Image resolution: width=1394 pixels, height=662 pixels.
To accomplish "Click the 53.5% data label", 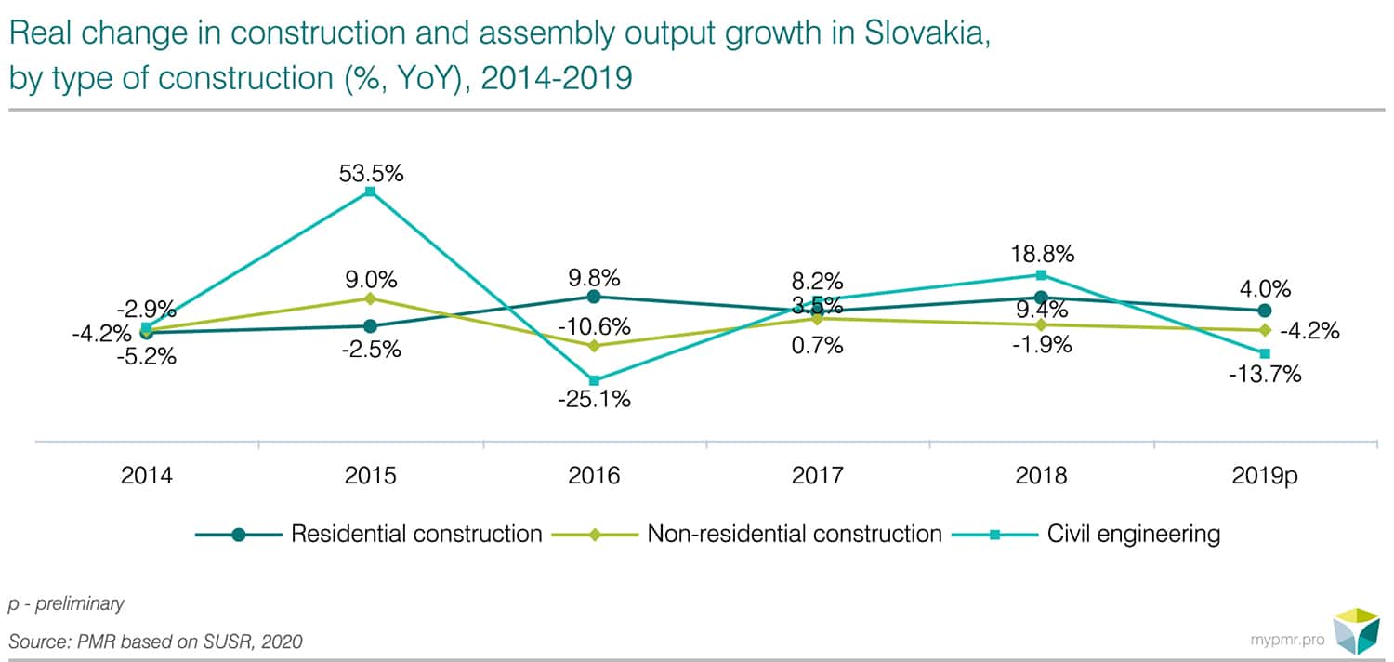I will (371, 173).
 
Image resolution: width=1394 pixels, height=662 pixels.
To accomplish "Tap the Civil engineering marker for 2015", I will (370, 192).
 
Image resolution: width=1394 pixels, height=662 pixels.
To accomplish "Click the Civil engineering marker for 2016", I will (594, 380).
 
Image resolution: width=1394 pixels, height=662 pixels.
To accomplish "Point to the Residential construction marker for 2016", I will (594, 297).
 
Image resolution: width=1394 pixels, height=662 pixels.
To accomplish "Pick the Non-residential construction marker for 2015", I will (370, 298).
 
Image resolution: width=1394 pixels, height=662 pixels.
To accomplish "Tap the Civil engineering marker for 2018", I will (1041, 274).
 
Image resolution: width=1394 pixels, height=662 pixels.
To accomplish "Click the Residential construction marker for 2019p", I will (1264, 311).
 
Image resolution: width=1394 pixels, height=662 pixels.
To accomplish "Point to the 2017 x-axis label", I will (817, 476).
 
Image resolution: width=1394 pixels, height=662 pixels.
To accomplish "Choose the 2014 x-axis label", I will (147, 476).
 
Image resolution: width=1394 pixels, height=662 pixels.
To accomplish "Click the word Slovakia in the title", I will (921, 34).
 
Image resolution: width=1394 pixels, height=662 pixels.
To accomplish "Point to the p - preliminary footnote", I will (66, 603).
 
